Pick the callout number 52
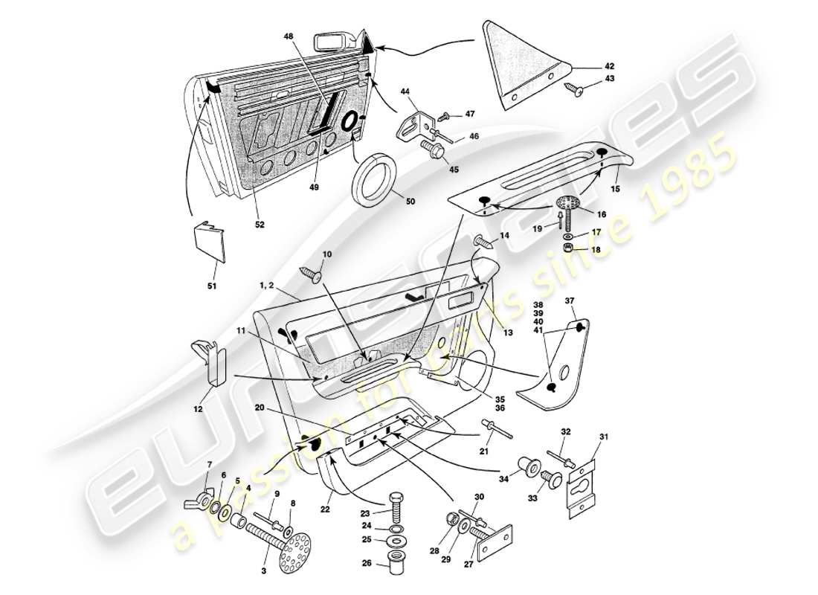tap(260, 223)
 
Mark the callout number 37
tap(570, 300)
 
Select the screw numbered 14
tap(483, 241)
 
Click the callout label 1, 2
tap(266, 286)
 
